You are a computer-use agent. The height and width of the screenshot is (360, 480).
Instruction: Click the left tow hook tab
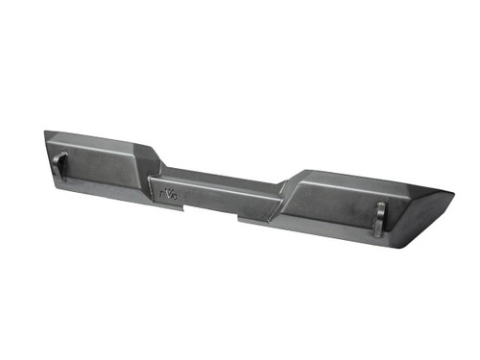click(x=62, y=166)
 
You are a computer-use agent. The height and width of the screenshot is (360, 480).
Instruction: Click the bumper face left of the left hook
click(x=51, y=158)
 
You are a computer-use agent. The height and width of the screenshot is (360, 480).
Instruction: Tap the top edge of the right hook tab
click(x=380, y=204)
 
